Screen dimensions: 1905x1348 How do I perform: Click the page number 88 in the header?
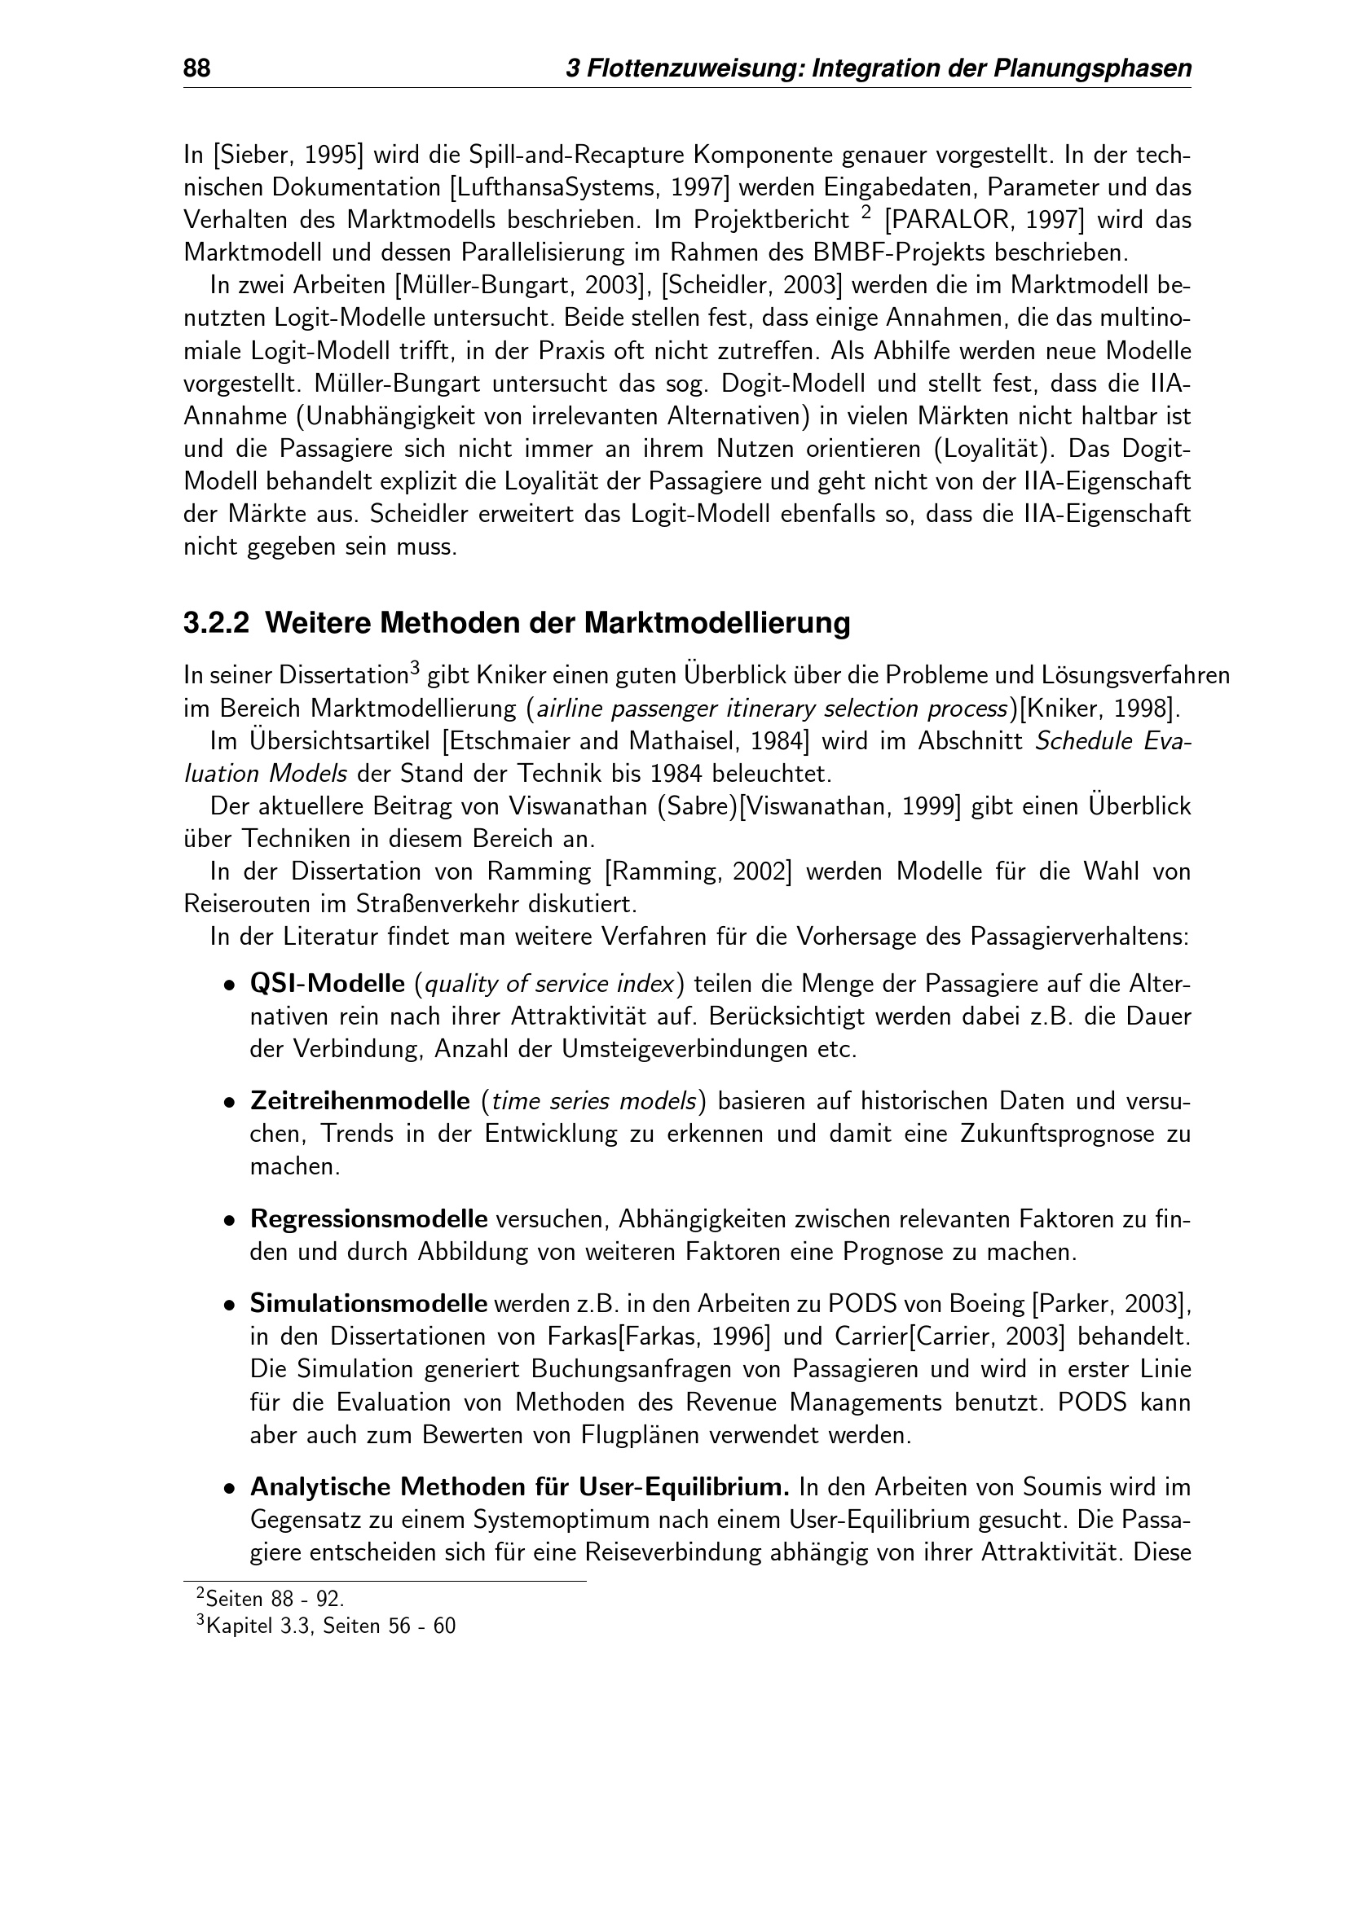click(196, 68)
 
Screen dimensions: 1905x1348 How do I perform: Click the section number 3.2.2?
click(216, 623)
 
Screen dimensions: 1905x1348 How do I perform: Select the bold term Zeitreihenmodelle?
click(359, 1102)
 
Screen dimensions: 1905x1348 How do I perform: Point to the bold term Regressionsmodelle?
click(368, 1220)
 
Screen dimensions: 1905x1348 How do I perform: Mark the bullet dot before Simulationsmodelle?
click(229, 1305)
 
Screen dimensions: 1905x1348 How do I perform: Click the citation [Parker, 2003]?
click(1110, 1303)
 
